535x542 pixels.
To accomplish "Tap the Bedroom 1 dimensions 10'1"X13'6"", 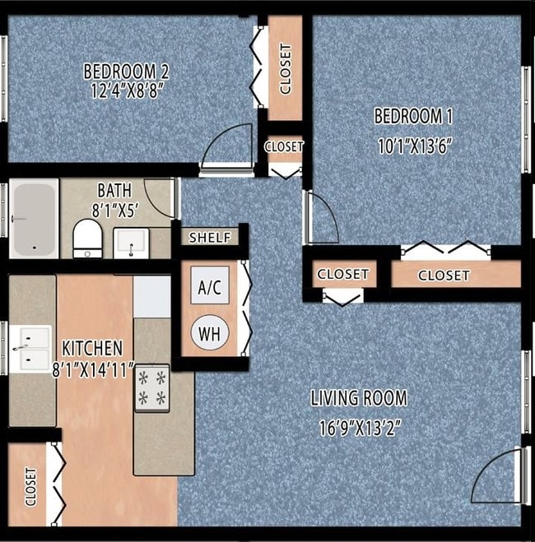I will click(415, 146).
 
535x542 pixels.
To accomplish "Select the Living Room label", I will click(358, 399).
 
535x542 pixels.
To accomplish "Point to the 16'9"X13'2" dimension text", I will click(358, 428).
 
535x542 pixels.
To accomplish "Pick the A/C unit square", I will click(209, 288).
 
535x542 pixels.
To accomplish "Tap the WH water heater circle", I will click(208, 334).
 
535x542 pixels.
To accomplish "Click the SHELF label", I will click(210, 238).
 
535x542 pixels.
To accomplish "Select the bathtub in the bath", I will click(34, 219).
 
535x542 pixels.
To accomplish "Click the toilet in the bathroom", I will click(86, 238).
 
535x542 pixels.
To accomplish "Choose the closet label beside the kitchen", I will click(30, 486).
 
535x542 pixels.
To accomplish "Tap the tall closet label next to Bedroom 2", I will click(286, 69).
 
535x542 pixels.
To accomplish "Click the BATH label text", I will click(114, 191).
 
